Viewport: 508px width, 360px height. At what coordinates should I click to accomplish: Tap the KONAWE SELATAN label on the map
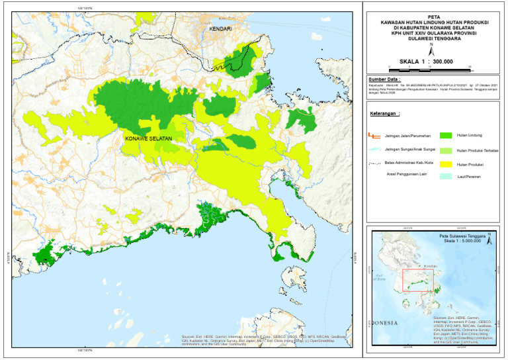(x=148, y=138)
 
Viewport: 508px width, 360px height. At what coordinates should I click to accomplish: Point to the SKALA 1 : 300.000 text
(x=430, y=61)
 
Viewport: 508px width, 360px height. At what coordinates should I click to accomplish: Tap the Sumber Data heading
(x=386, y=79)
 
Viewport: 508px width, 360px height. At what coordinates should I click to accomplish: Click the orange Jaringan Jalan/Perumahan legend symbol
(x=376, y=136)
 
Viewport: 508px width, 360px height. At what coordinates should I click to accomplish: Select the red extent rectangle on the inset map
(x=418, y=281)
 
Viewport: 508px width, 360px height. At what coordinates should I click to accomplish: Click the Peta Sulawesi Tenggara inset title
(x=462, y=236)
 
